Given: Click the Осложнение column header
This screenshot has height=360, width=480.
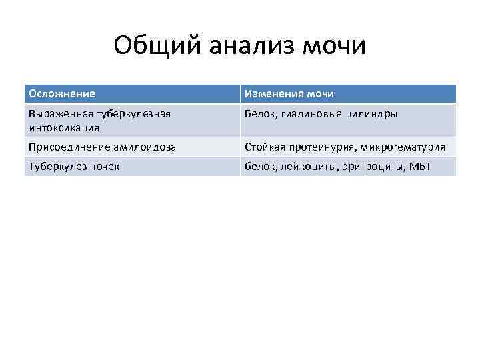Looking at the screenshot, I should tap(61, 94).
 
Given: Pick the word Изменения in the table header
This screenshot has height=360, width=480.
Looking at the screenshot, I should tap(274, 94).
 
